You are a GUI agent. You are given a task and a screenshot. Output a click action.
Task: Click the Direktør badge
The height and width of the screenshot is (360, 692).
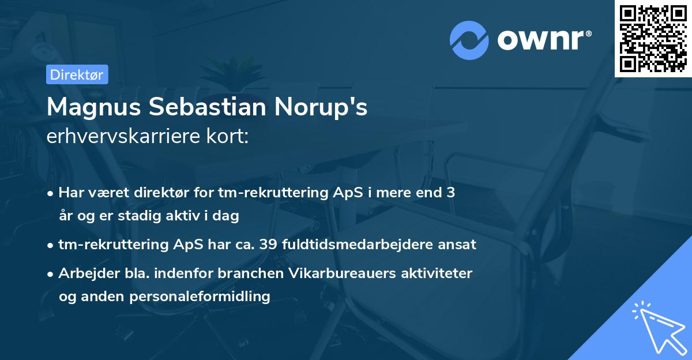click(x=77, y=74)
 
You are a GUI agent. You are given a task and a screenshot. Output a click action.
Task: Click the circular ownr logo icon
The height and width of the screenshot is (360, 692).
click(x=469, y=40)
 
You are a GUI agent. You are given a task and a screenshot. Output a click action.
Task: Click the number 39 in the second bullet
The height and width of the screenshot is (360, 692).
click(x=268, y=245)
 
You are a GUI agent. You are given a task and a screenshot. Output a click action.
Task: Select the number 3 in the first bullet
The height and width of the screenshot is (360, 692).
click(x=450, y=193)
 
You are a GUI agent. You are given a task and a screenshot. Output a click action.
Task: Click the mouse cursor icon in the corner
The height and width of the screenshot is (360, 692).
click(x=659, y=329)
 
